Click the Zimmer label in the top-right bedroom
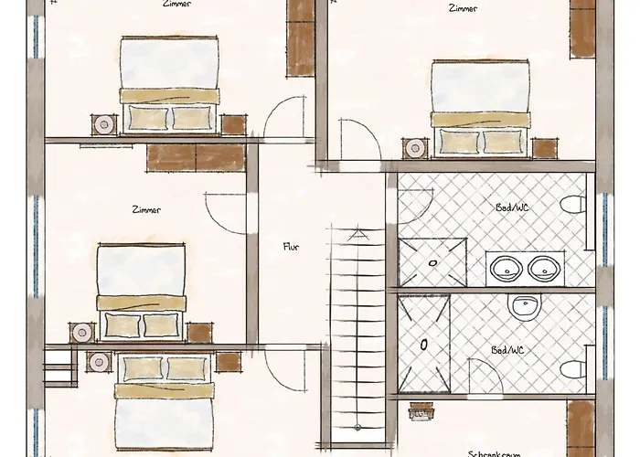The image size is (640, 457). [463, 8]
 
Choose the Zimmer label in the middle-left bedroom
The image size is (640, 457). [146, 210]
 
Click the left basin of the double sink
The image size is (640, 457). [505, 268]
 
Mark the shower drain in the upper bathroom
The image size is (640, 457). [432, 262]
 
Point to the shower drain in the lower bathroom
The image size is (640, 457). [424, 345]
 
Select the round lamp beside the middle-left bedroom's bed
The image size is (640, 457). [83, 333]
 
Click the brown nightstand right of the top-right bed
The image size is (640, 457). [545, 148]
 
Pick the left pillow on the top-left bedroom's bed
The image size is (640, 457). [147, 117]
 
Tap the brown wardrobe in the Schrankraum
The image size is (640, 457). [581, 428]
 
